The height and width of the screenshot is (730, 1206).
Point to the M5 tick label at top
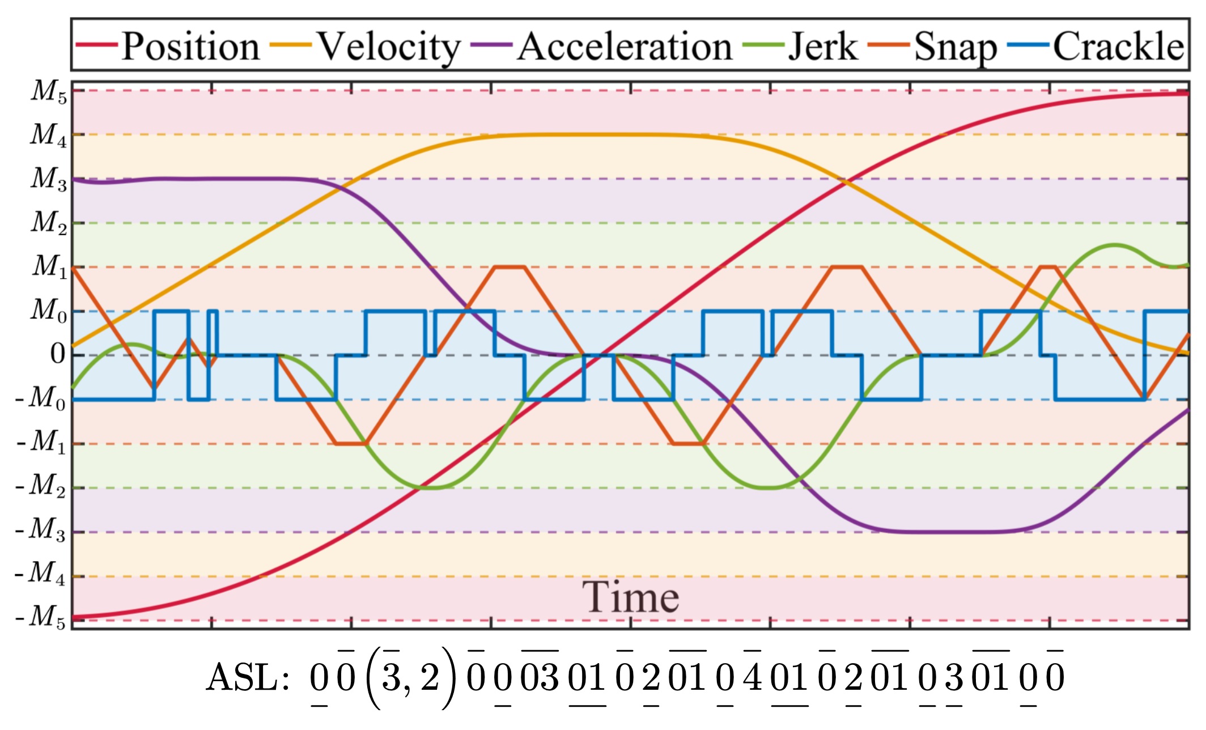click(x=49, y=91)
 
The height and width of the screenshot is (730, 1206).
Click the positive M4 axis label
click(x=49, y=135)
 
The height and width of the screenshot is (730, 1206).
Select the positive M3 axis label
click(x=49, y=179)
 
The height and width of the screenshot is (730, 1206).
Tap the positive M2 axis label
click(x=49, y=223)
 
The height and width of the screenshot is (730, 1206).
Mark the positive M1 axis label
click(x=49, y=267)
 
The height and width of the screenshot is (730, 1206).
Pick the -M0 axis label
click(x=41, y=398)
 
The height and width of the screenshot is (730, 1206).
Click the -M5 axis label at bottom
click(x=41, y=617)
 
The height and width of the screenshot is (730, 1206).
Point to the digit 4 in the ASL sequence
click(x=753, y=677)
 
